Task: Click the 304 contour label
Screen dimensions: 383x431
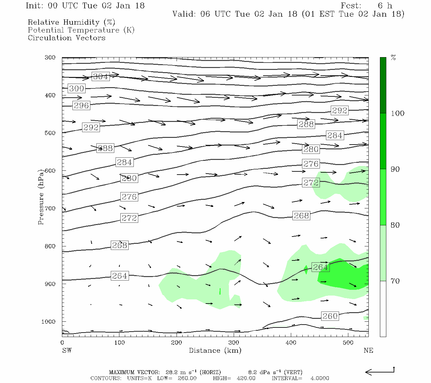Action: click(101, 77)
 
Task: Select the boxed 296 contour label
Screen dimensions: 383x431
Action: click(81, 106)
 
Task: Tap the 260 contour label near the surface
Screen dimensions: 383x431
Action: click(330, 316)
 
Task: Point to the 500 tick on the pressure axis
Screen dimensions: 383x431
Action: click(50, 133)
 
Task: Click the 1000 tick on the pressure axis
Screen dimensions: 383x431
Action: click(49, 322)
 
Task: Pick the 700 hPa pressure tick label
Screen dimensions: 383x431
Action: click(50, 208)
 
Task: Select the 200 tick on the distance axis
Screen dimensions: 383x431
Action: click(176, 343)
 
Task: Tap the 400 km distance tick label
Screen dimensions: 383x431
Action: click(291, 343)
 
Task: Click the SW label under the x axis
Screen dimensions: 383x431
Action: click(67, 350)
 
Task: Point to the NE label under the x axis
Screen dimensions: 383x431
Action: click(368, 350)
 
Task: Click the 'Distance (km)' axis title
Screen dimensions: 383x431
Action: click(215, 350)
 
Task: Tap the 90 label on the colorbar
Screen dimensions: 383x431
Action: click(395, 169)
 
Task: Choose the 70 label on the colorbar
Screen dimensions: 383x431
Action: click(395, 281)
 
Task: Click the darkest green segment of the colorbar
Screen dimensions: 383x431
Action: click(383, 85)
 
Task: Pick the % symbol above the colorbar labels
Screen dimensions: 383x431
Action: click(393, 58)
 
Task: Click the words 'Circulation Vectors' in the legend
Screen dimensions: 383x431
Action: click(66, 38)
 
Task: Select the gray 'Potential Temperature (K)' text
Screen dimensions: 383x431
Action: click(81, 30)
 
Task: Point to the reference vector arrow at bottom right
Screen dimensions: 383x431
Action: click(380, 372)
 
